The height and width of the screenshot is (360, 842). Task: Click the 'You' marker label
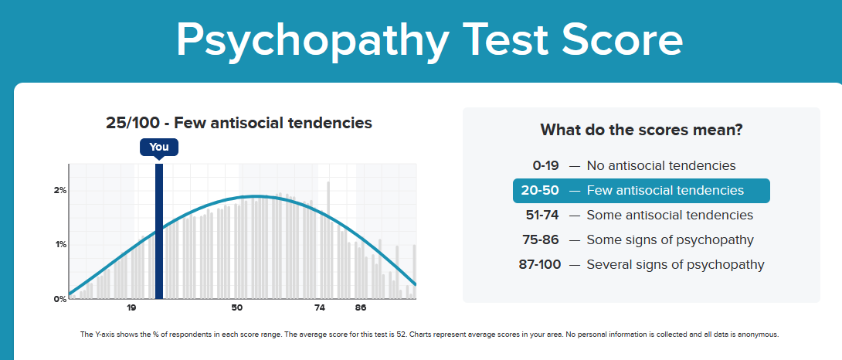point(159,147)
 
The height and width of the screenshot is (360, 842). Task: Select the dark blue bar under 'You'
point(159,232)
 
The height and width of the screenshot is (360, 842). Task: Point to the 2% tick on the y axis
point(59,190)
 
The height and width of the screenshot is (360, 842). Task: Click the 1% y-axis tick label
point(59,244)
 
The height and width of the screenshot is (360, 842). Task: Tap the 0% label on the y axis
point(59,299)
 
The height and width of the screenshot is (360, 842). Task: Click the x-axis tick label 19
point(132,308)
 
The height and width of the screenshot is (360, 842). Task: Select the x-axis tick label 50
point(236,308)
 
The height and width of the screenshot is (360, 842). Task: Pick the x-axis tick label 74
point(320,308)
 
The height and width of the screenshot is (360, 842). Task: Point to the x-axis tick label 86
point(361,308)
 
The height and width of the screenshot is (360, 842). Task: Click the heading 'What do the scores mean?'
point(641,130)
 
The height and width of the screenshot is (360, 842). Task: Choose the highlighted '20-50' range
point(541,190)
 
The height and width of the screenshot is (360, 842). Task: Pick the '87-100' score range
point(538,264)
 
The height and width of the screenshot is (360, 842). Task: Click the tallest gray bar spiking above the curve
point(328,232)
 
